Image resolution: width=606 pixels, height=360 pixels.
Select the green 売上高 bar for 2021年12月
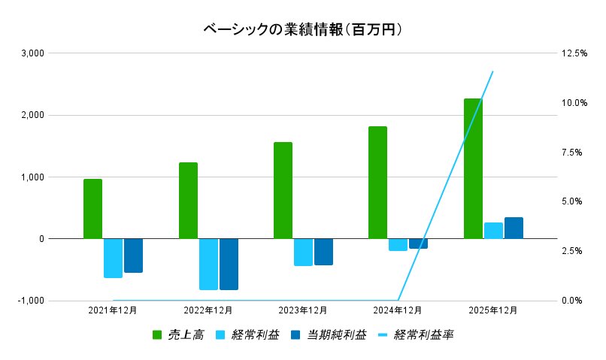coord(92,208)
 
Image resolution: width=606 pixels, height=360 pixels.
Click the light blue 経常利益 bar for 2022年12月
coord(208,264)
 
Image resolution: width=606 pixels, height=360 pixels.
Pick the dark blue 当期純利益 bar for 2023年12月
coord(323,252)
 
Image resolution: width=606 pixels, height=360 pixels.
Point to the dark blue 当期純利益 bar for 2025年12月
coord(514,228)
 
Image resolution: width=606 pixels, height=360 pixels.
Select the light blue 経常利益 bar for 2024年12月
coord(398,244)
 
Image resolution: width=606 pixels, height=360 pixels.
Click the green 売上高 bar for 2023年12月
coord(283,190)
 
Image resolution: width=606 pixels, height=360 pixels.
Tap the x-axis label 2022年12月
coord(208,310)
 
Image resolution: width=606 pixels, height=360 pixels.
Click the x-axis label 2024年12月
coord(398,310)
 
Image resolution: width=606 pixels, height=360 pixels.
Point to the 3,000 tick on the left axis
coord(33,53)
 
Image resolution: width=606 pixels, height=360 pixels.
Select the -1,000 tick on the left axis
coord(32,301)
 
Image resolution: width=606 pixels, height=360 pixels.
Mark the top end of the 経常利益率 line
coord(493,71)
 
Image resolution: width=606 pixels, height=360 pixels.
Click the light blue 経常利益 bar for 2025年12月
coord(493,231)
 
